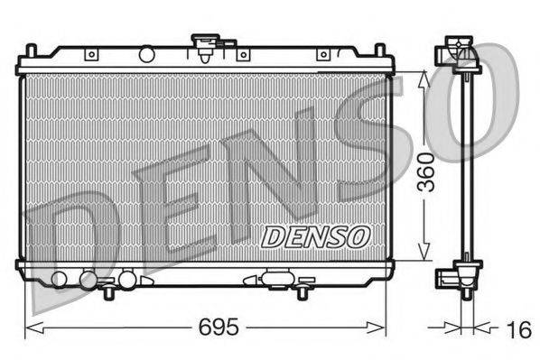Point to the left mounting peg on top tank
click(30, 50)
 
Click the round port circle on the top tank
click(146, 55)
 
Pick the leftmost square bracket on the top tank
click(91, 55)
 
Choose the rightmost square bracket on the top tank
click(322, 55)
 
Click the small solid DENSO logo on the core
click(316, 236)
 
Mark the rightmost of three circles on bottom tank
click(128, 279)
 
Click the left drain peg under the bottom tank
click(109, 291)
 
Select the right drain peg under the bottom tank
click(303, 291)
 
